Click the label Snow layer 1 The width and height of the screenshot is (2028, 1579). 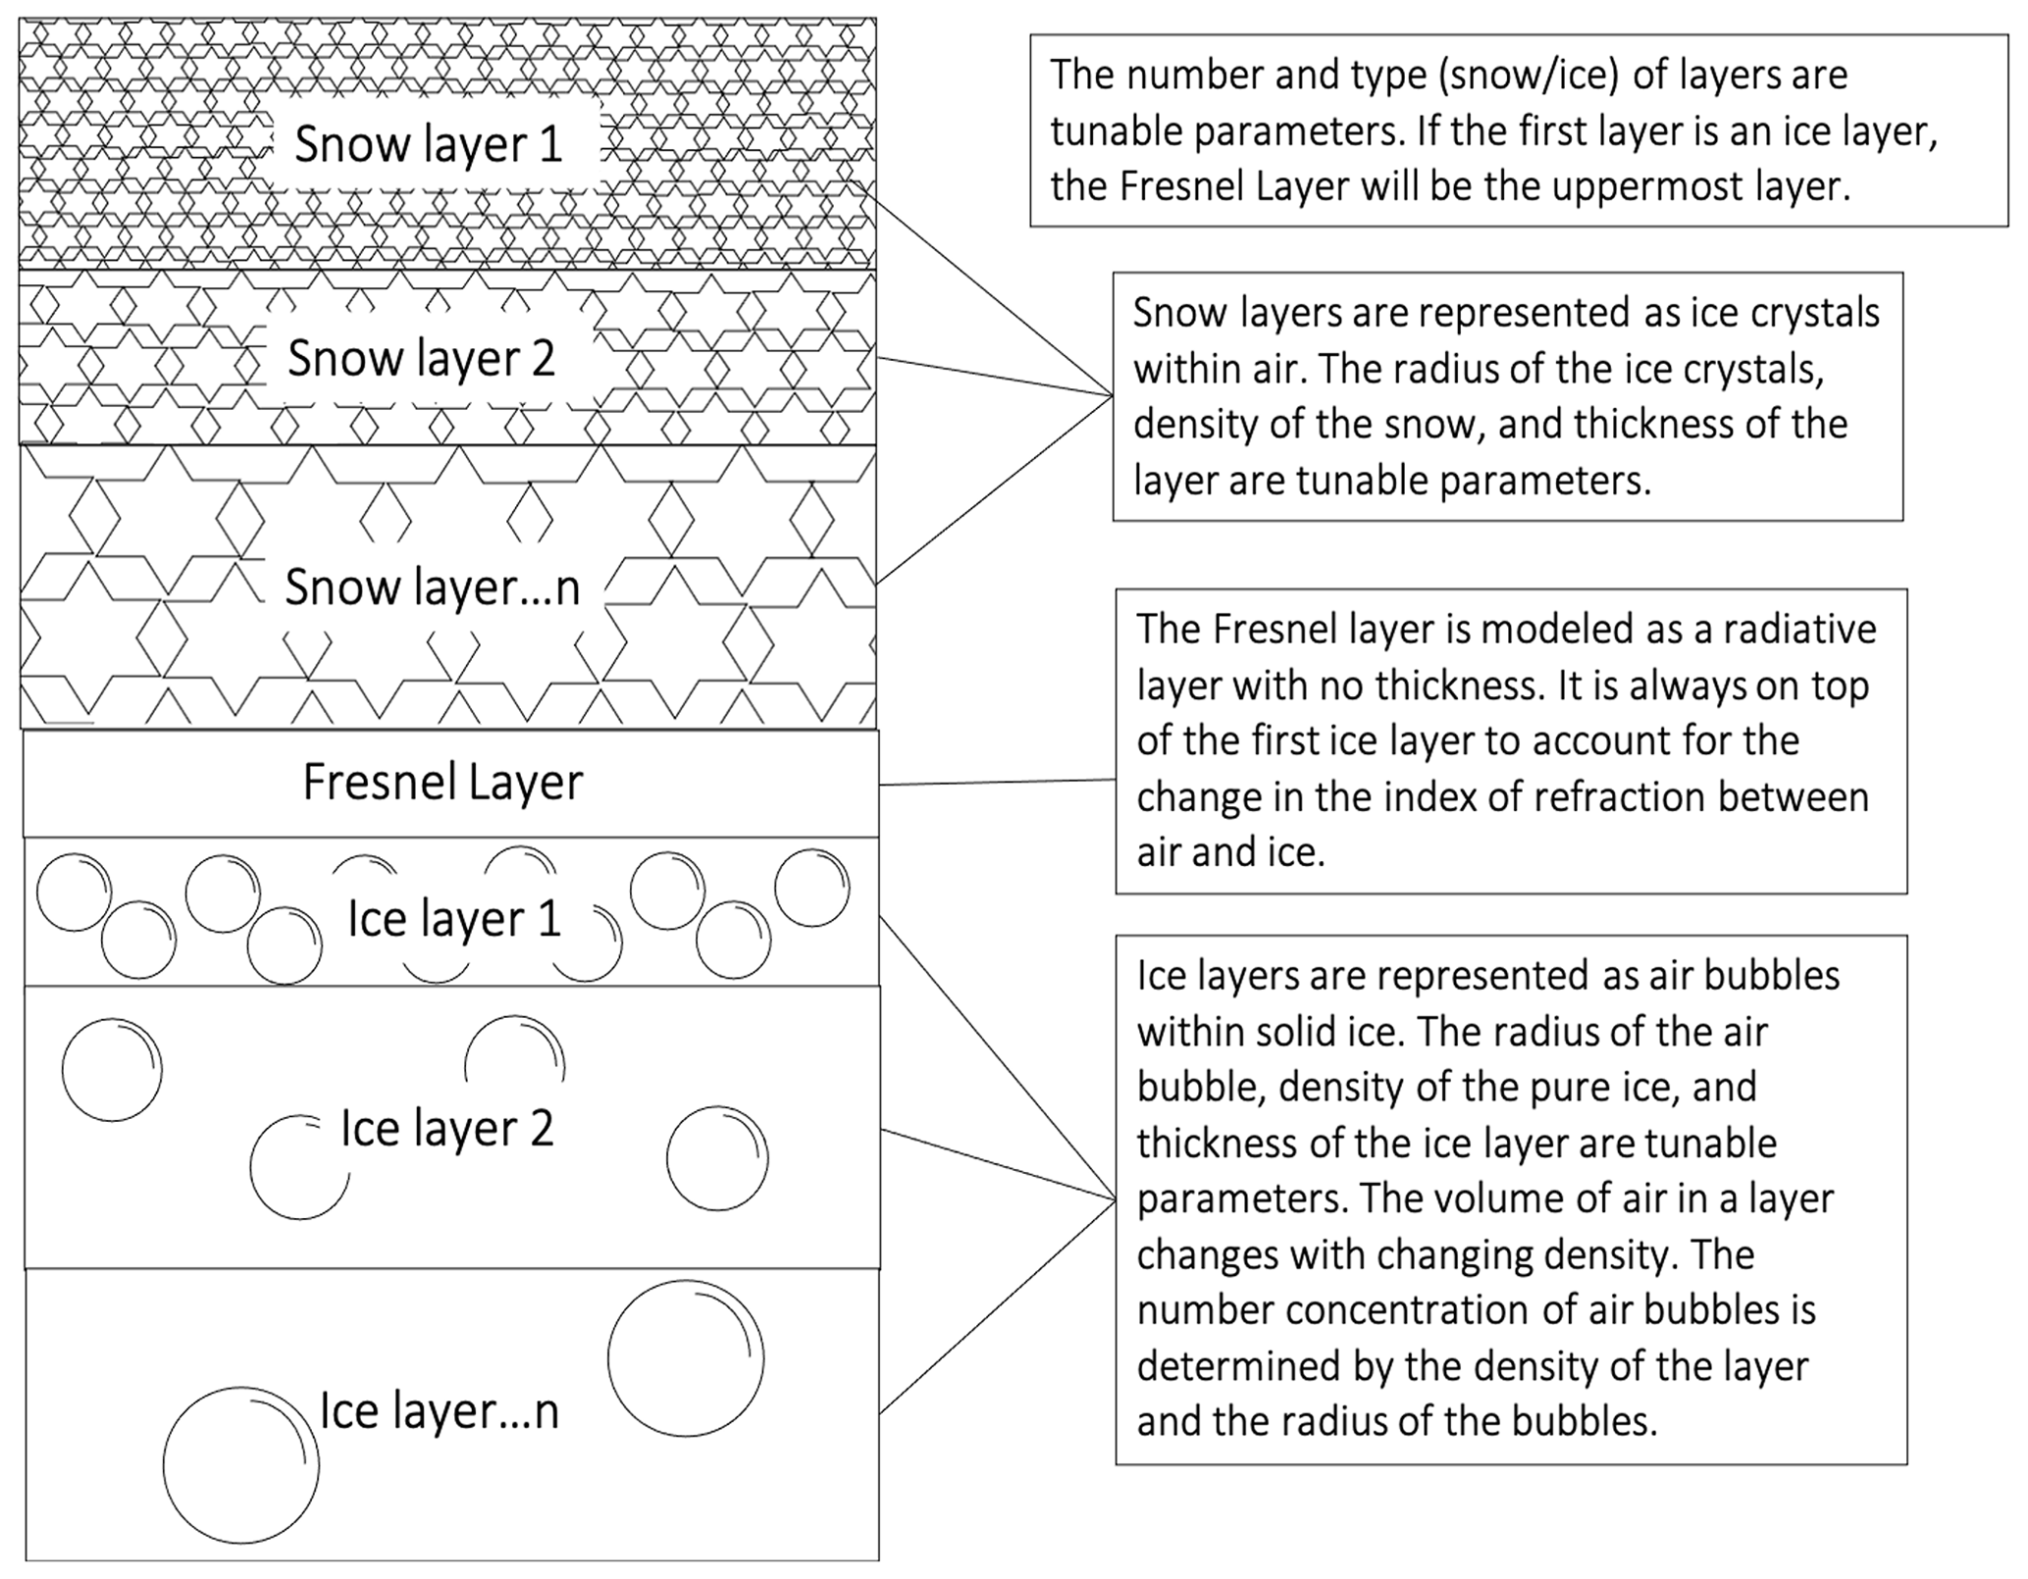tap(429, 144)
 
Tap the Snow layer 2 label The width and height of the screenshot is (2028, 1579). tap(421, 358)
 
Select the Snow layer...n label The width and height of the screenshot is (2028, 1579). tap(432, 587)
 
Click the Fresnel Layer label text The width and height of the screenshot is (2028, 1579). tap(442, 782)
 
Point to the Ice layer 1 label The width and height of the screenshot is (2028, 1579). tap(454, 919)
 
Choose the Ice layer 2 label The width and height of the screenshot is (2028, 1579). tap(447, 1129)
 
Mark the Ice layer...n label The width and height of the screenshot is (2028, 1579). tap(440, 1411)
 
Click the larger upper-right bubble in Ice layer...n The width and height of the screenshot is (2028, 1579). tap(686, 1358)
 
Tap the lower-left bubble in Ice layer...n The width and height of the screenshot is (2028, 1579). tap(240, 1465)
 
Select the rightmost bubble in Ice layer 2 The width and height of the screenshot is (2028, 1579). tap(717, 1158)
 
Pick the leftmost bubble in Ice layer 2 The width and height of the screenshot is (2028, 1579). tap(112, 1069)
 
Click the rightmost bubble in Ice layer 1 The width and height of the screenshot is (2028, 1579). tap(811, 889)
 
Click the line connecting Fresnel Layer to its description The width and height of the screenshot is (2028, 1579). tap(997, 783)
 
